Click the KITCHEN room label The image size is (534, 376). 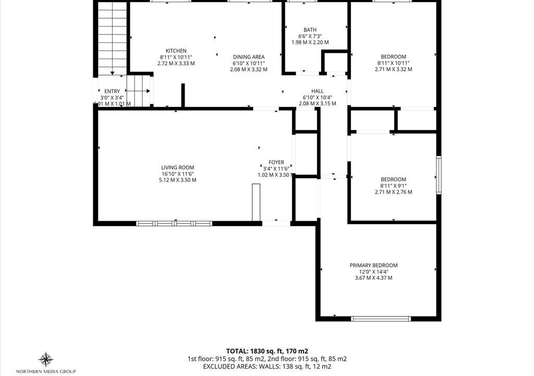point(176,51)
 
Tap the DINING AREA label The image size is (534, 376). point(249,57)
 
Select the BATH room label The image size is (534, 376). point(310,30)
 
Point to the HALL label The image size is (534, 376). point(318,91)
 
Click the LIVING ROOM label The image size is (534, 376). point(178,168)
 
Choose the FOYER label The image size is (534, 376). point(276,162)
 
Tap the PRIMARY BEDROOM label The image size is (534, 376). point(373,265)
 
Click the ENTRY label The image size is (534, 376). point(112,91)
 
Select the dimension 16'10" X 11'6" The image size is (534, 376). point(178,174)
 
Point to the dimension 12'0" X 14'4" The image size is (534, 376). point(373,272)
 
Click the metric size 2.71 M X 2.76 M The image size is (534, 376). point(393,192)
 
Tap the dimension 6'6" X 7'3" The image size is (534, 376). point(310,36)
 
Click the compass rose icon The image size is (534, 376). point(46,360)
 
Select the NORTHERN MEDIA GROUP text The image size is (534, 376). point(46,371)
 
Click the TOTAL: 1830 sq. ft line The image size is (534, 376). point(268,351)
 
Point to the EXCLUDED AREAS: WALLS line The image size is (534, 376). point(267,367)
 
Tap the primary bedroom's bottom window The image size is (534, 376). point(381,319)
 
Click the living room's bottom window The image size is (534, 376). point(174,224)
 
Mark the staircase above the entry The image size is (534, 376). point(113,38)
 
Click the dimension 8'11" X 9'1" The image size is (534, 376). point(393,186)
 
